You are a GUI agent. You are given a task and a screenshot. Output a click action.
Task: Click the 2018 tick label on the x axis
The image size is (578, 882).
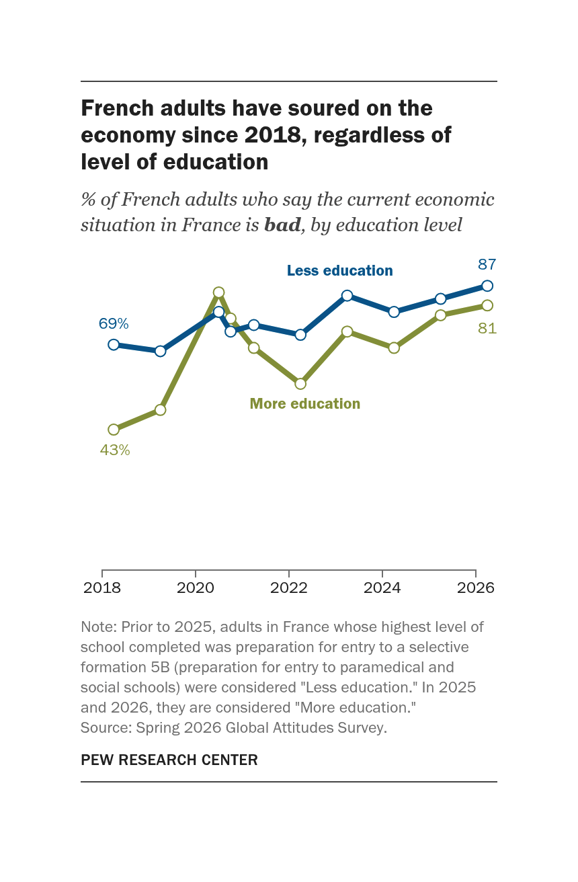[x=102, y=588]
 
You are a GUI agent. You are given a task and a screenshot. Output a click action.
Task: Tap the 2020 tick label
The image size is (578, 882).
[x=196, y=588]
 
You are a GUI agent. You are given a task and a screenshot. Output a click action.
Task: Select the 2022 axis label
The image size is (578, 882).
[x=288, y=588]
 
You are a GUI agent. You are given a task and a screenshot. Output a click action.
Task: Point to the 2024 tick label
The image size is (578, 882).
[x=382, y=588]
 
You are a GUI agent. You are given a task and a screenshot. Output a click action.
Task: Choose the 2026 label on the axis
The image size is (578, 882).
[x=475, y=588]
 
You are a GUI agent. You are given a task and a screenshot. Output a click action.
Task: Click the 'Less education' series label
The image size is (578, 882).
[x=340, y=270]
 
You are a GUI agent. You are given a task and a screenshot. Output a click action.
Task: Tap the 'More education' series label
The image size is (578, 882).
[x=305, y=403]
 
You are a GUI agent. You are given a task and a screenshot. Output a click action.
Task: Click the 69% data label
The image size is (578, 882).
[x=114, y=323]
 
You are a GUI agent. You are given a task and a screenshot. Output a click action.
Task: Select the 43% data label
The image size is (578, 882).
[x=114, y=450]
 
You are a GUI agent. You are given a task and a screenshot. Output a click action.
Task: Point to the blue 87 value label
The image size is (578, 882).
[x=487, y=264]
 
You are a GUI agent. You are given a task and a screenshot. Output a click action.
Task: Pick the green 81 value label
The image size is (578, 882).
[x=487, y=328]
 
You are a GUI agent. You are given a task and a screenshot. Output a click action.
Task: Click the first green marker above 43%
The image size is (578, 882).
[x=114, y=429]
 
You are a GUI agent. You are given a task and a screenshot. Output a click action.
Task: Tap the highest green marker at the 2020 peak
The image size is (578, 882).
[x=219, y=292]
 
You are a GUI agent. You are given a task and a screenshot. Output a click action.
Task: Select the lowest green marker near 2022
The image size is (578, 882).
[x=300, y=383]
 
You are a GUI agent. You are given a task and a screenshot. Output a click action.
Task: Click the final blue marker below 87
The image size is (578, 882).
[x=487, y=286]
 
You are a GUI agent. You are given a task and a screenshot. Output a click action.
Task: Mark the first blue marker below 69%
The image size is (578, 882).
[x=114, y=344]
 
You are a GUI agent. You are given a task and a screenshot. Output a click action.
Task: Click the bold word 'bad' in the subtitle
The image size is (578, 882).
[x=282, y=225]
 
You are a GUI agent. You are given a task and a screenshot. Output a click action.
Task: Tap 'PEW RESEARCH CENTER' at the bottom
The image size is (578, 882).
[x=169, y=760]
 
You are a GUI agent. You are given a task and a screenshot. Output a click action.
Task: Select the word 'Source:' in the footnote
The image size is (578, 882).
[x=106, y=727]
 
